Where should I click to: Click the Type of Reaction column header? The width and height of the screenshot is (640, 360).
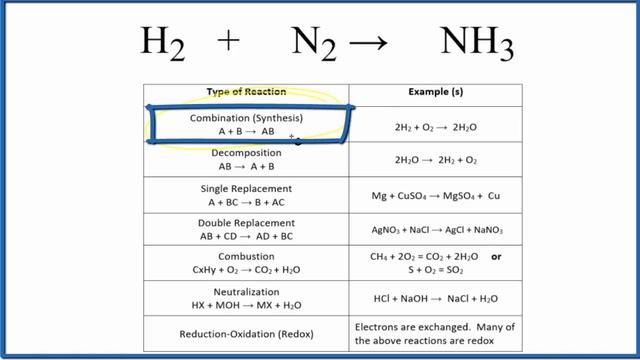point(246,92)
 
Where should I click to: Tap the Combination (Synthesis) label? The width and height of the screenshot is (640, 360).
point(246,118)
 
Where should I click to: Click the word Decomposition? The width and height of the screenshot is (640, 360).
point(246,153)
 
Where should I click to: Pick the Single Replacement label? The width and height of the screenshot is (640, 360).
point(246,188)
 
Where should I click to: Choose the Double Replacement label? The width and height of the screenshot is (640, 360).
point(246,223)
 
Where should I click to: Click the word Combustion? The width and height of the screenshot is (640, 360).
point(246,257)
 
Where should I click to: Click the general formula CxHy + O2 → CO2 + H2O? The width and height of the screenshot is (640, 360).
point(246,271)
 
